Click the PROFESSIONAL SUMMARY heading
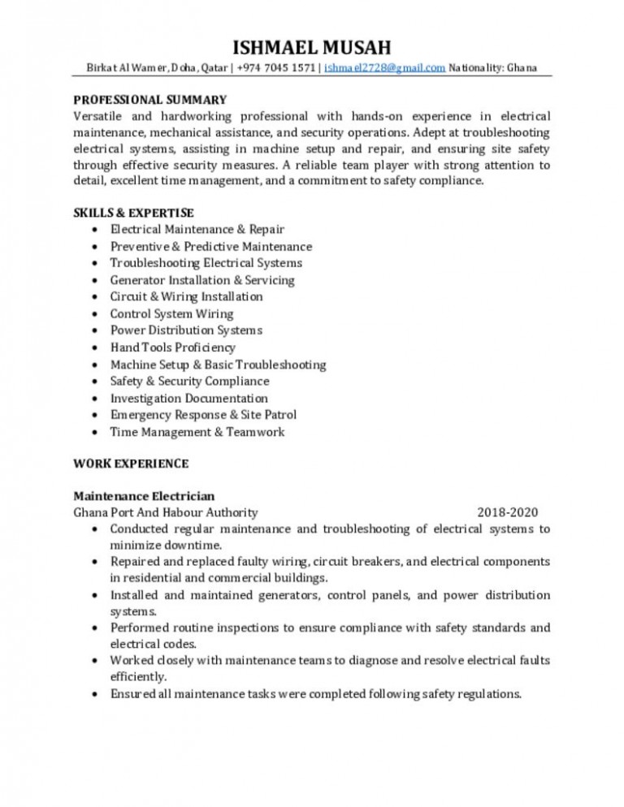coord(149,100)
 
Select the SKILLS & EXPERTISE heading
coord(133,213)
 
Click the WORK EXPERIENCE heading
coord(131,464)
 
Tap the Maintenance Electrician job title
coord(144,495)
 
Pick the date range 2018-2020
coord(507,512)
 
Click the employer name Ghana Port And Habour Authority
coord(166,512)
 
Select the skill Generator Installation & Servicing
coord(202,280)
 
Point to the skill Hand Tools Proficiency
coord(173,347)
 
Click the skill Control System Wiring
coord(171,313)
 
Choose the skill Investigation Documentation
coord(189,398)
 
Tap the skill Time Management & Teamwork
coord(197,432)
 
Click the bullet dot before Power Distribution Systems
coord(97,331)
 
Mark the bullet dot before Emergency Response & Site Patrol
coord(97,416)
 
